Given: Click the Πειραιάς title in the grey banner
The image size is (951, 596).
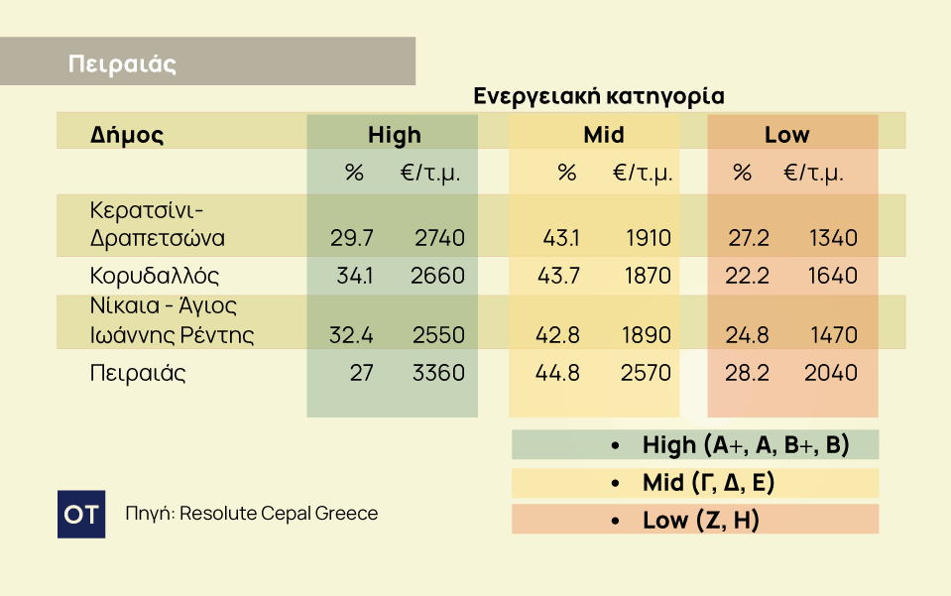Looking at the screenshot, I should pos(122,64).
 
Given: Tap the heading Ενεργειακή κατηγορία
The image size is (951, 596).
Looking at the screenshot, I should pos(598,96).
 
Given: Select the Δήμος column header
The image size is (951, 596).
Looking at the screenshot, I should pos(127,135).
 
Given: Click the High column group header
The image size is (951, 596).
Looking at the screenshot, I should pos(394,135).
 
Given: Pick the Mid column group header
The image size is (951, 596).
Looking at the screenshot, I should pos(604,135).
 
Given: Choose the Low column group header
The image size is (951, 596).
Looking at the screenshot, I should pos(786,135).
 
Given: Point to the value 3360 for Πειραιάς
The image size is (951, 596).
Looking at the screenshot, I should pos(439,373).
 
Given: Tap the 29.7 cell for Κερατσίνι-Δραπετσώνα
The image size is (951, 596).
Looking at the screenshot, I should pos(351,238).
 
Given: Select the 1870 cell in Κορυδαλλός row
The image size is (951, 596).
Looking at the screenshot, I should pos(648,275).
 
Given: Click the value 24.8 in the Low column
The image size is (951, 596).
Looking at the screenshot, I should pos(747,335).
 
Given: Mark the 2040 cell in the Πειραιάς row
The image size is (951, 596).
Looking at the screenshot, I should pos(832,373).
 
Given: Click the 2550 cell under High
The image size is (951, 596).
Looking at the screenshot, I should pos(439,335).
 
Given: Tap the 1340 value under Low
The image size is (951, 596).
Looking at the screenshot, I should pos(832,238).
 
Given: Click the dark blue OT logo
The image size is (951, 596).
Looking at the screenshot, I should pos(81,514).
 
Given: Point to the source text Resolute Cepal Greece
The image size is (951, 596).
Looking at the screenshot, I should pos(278,514).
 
